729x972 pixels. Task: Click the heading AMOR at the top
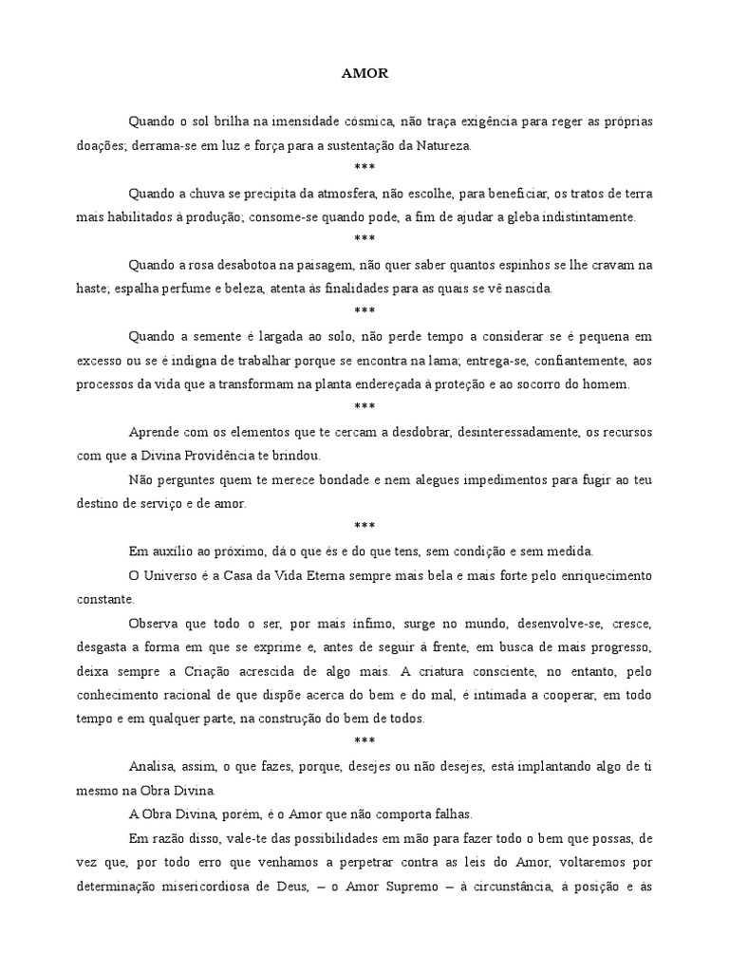tap(364, 72)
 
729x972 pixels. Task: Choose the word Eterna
tap(327, 575)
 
